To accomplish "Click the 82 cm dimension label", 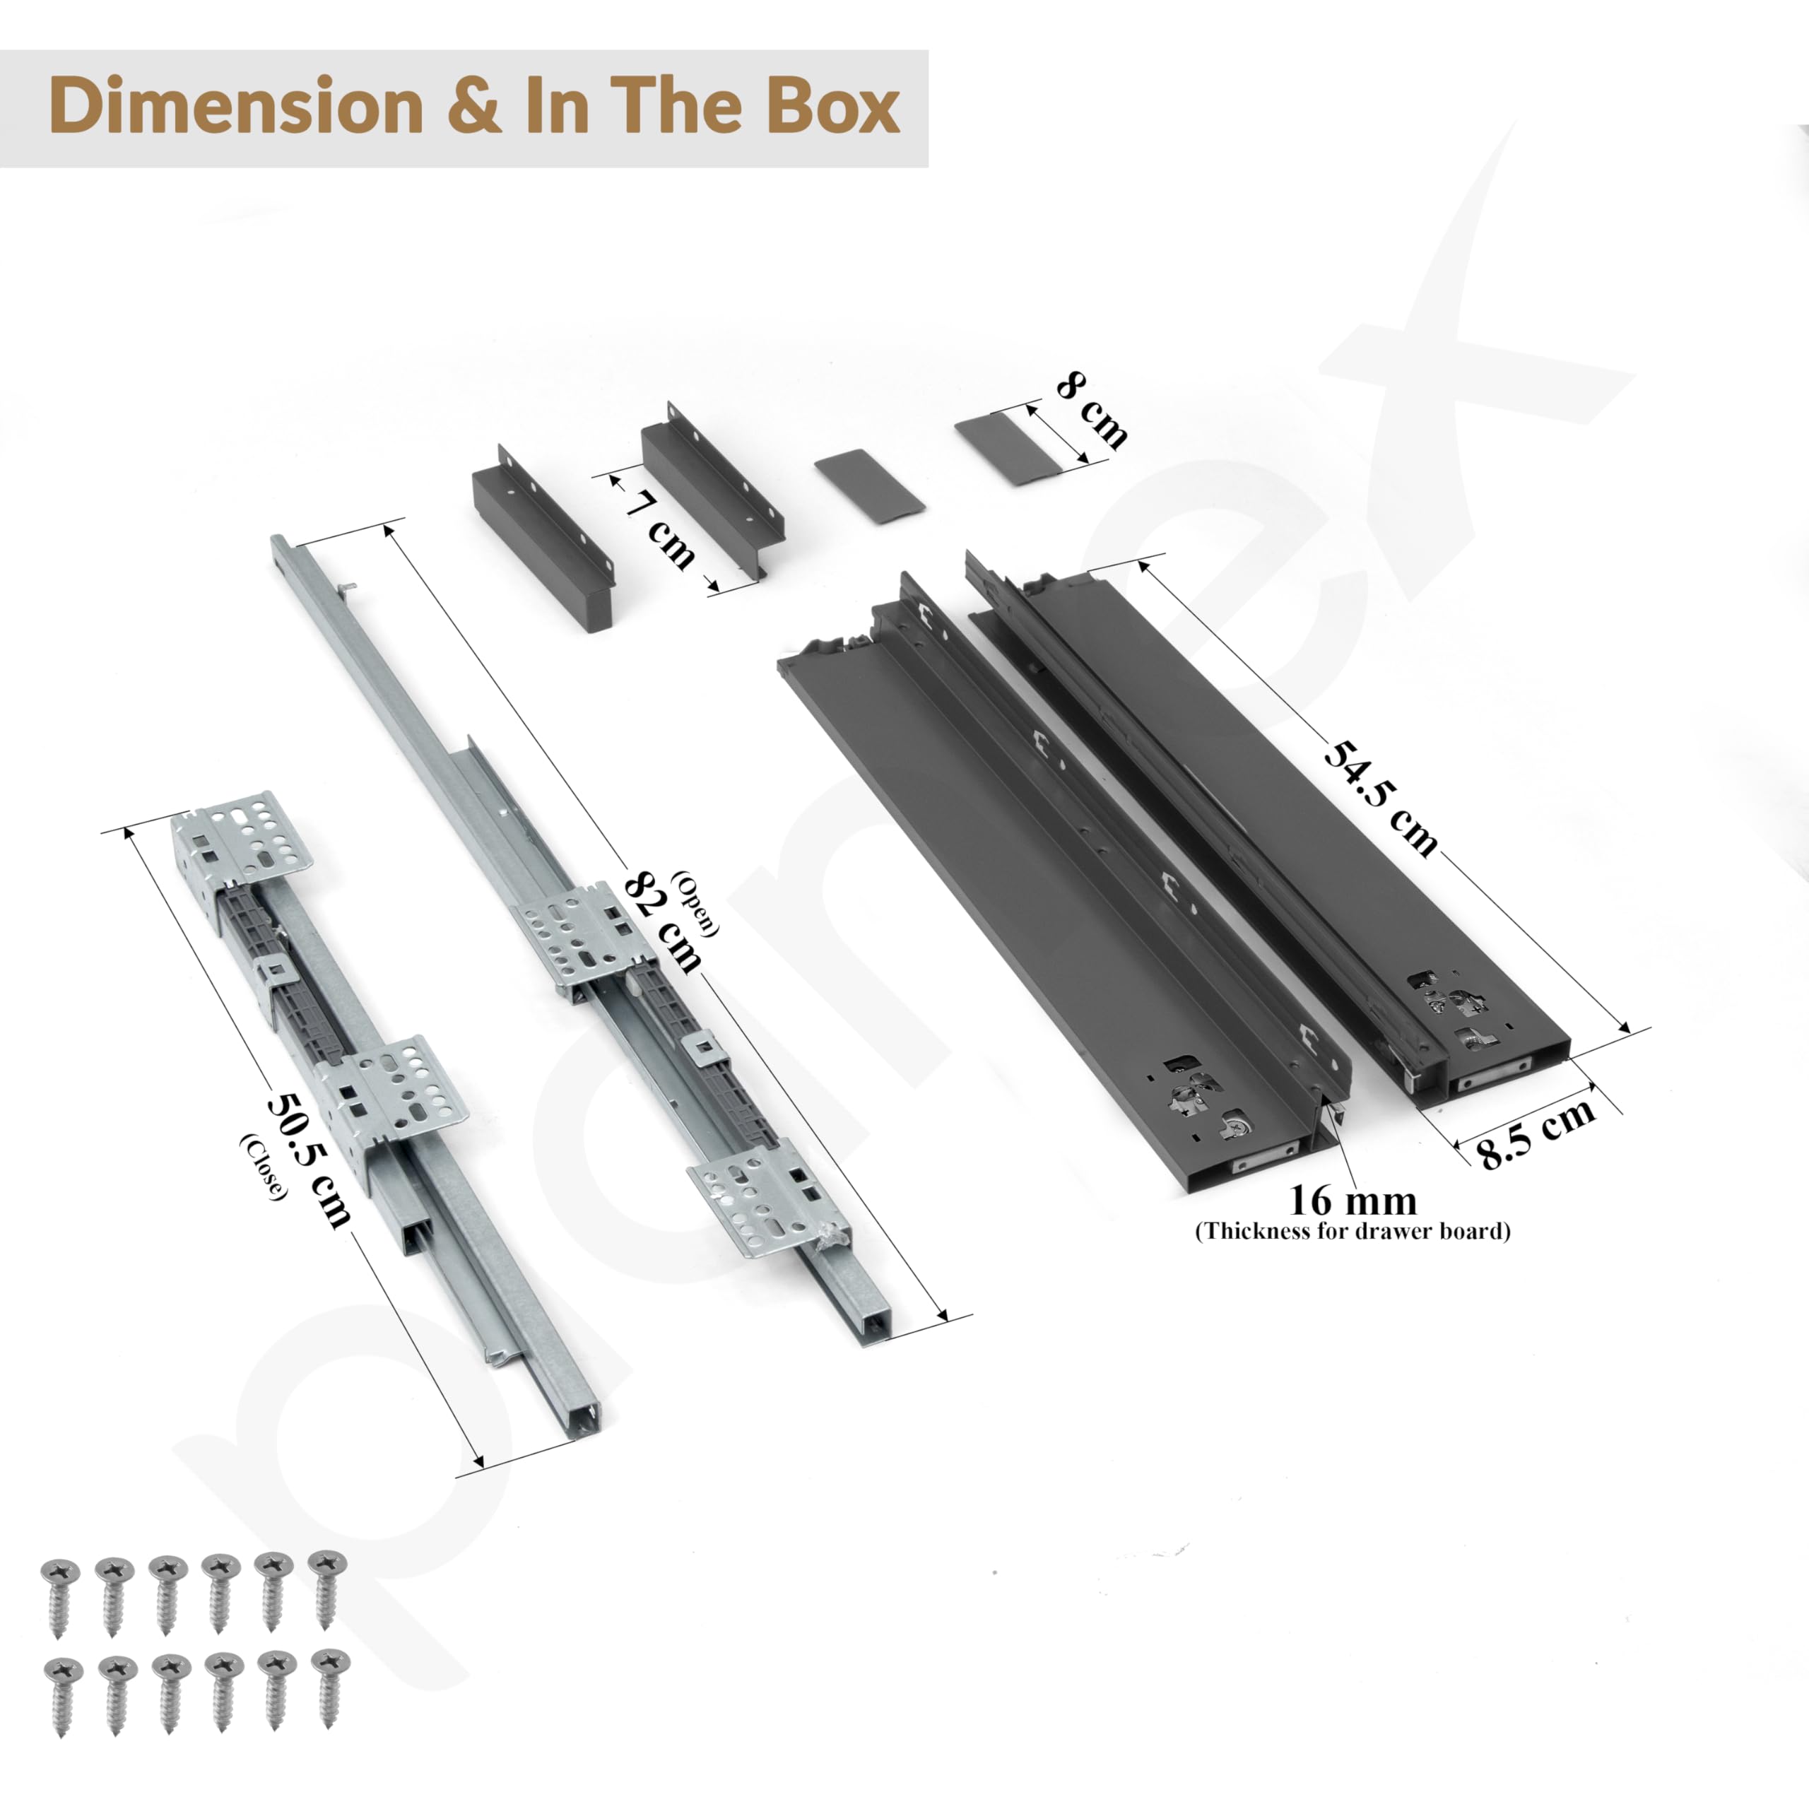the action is [663, 922].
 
